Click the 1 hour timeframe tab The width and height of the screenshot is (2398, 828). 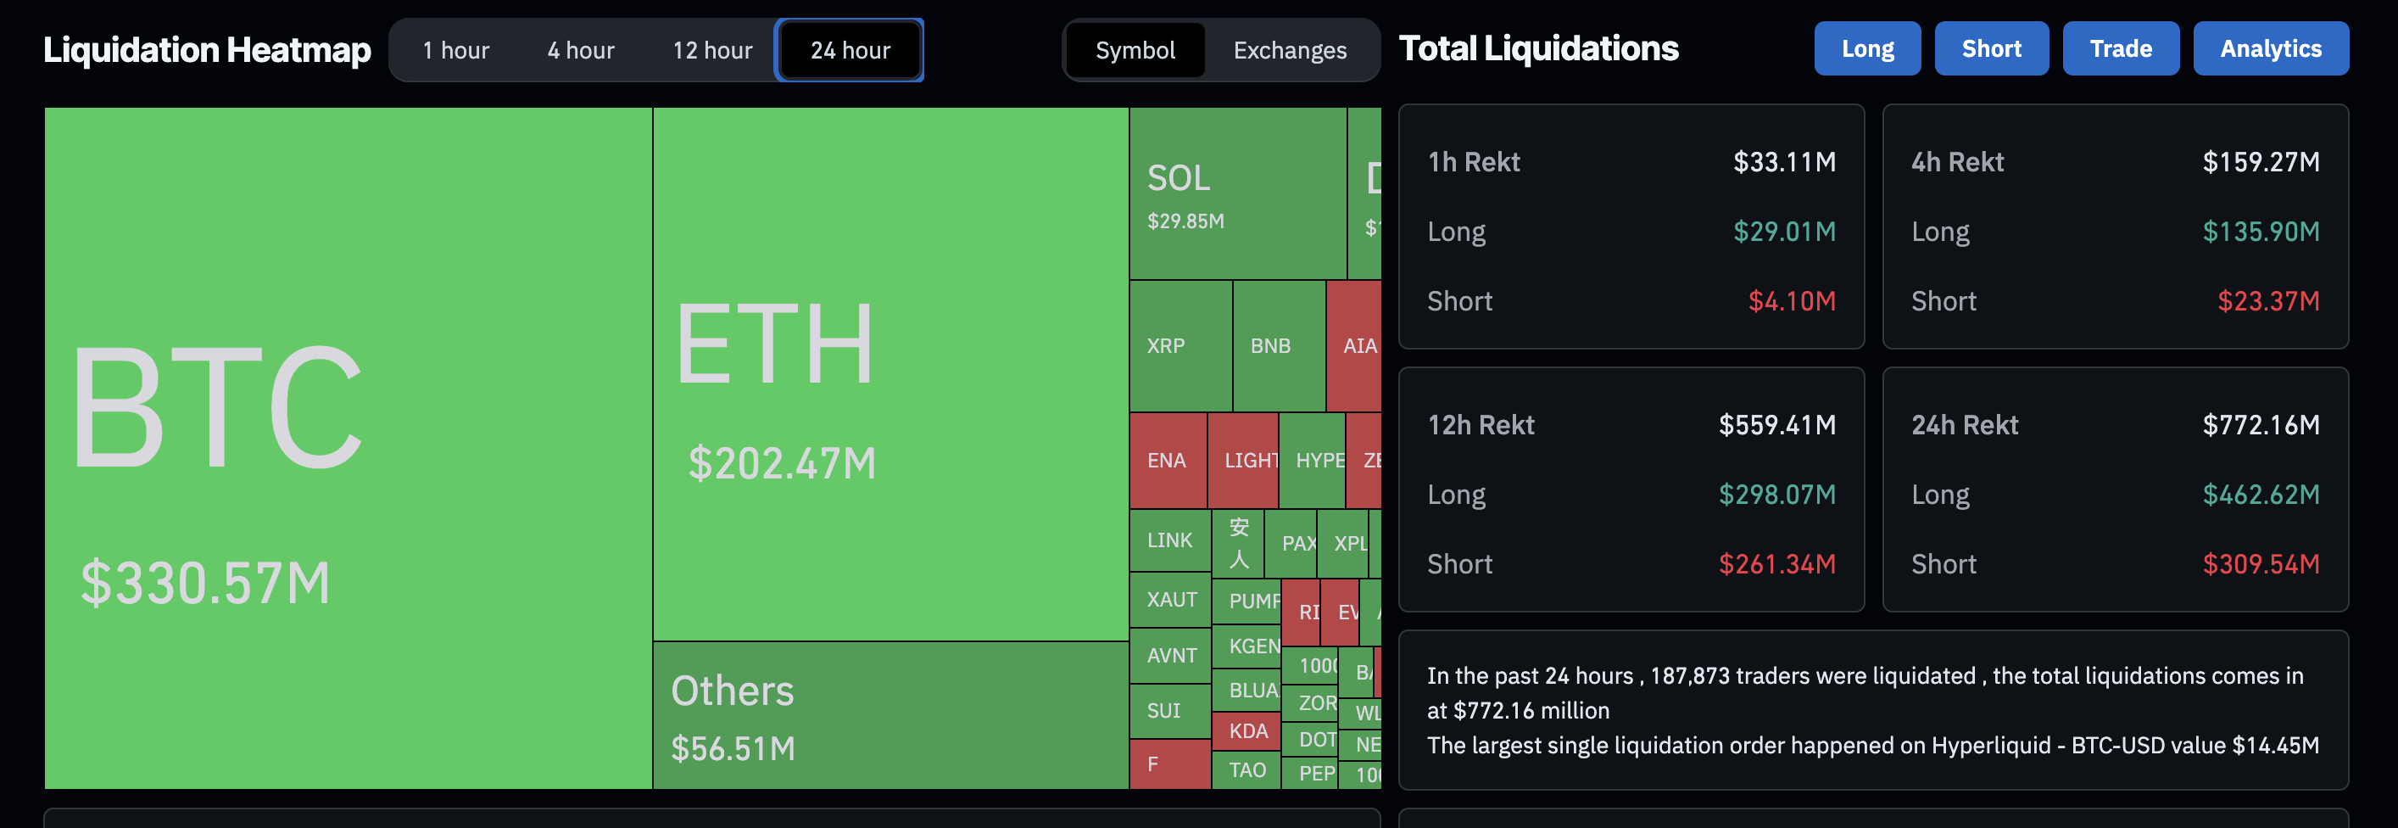tap(455, 50)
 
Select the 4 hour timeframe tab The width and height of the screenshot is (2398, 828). tap(581, 50)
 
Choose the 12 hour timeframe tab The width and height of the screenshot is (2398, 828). tap(712, 50)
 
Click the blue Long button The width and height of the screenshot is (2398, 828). tap(1866, 48)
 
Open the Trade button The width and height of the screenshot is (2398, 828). tap(2120, 48)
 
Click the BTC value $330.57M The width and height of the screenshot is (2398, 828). tap(206, 584)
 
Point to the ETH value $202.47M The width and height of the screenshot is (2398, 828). tap(782, 463)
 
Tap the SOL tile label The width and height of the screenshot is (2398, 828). tap(1179, 178)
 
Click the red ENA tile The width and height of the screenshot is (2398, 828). tap(1167, 460)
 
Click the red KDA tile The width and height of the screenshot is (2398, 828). tap(1247, 731)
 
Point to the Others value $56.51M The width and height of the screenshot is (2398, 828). tap(733, 749)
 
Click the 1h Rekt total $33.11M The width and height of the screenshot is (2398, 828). tap(1783, 162)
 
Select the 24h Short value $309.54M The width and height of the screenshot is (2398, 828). tap(2261, 564)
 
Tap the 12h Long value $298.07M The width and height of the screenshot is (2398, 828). tap(1776, 495)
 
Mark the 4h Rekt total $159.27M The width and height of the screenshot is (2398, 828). tap(2261, 162)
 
